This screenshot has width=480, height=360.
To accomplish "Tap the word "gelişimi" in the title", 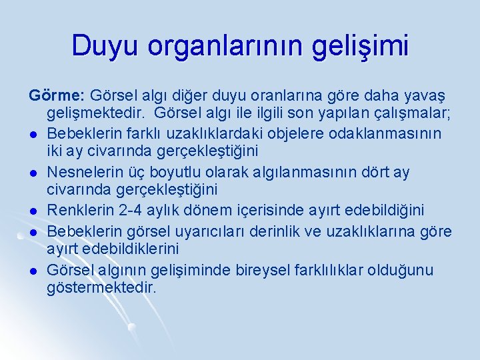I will coord(363,47).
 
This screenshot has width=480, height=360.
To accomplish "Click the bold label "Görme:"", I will coord(57,95).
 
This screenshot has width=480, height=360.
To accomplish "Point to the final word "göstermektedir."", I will coord(101,289).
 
